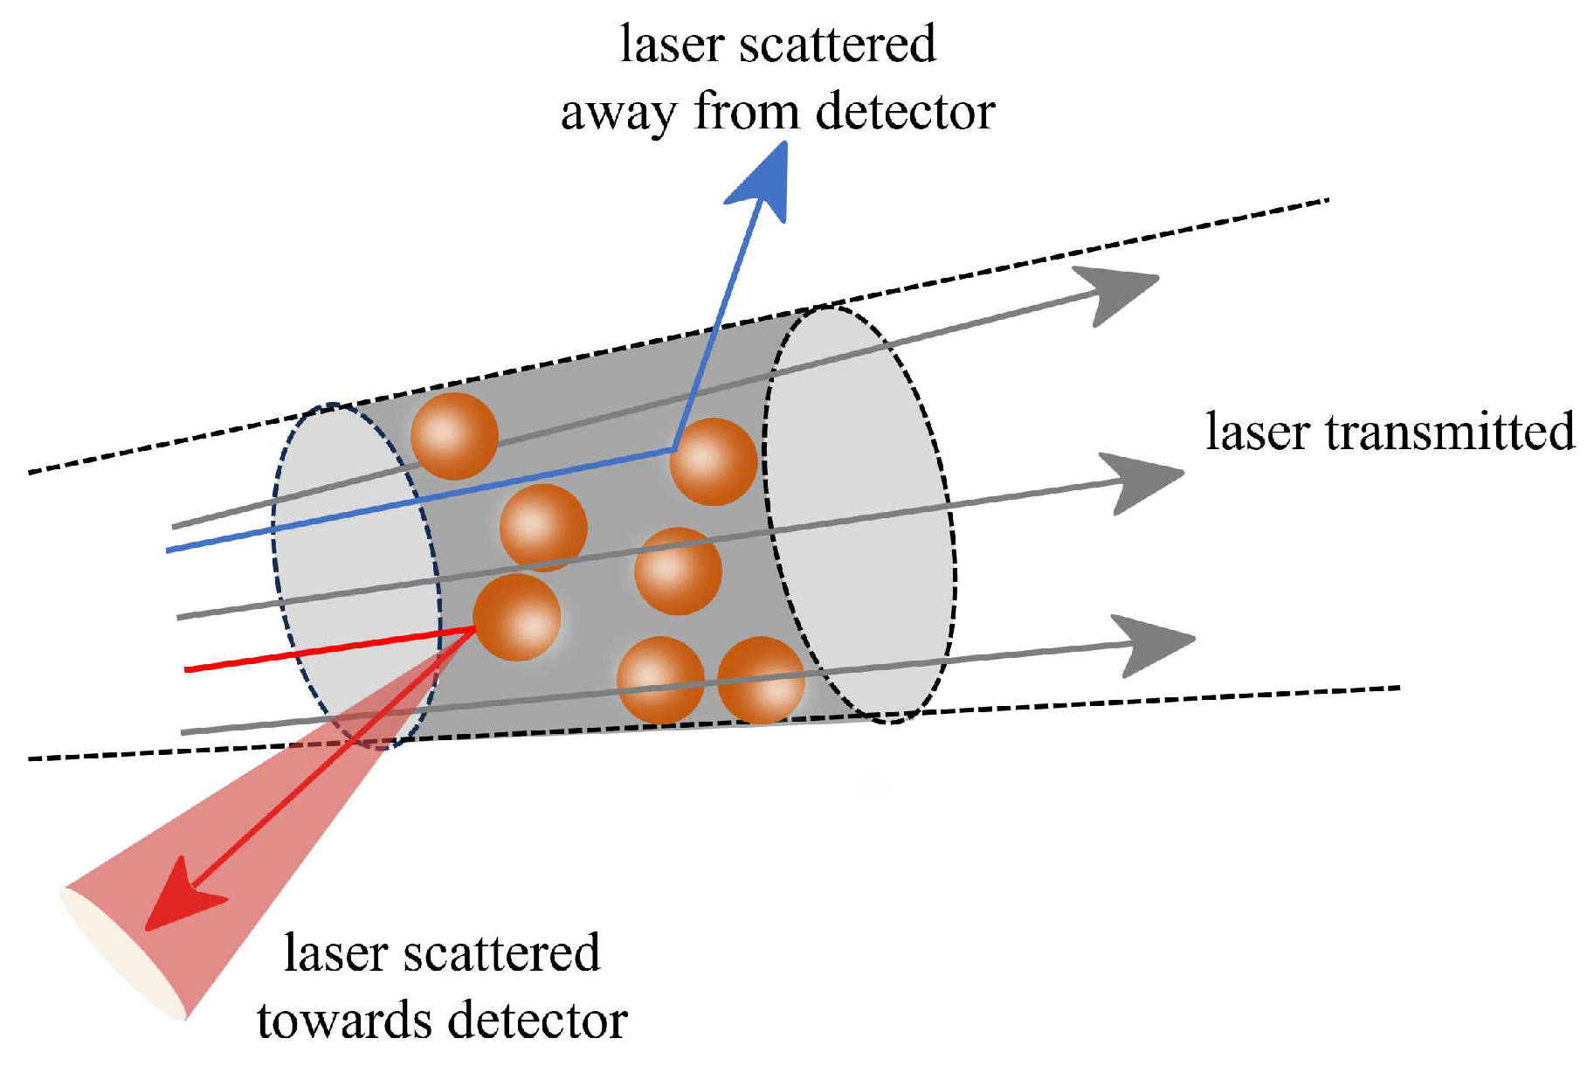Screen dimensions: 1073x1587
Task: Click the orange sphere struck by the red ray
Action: pos(517,617)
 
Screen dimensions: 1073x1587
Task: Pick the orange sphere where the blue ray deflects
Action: pos(714,461)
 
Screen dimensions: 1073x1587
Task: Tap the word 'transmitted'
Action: pos(1450,432)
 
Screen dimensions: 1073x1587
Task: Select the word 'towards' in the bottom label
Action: pos(344,1021)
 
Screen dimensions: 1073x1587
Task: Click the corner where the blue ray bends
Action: pos(674,449)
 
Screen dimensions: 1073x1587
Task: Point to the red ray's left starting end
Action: pos(187,669)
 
